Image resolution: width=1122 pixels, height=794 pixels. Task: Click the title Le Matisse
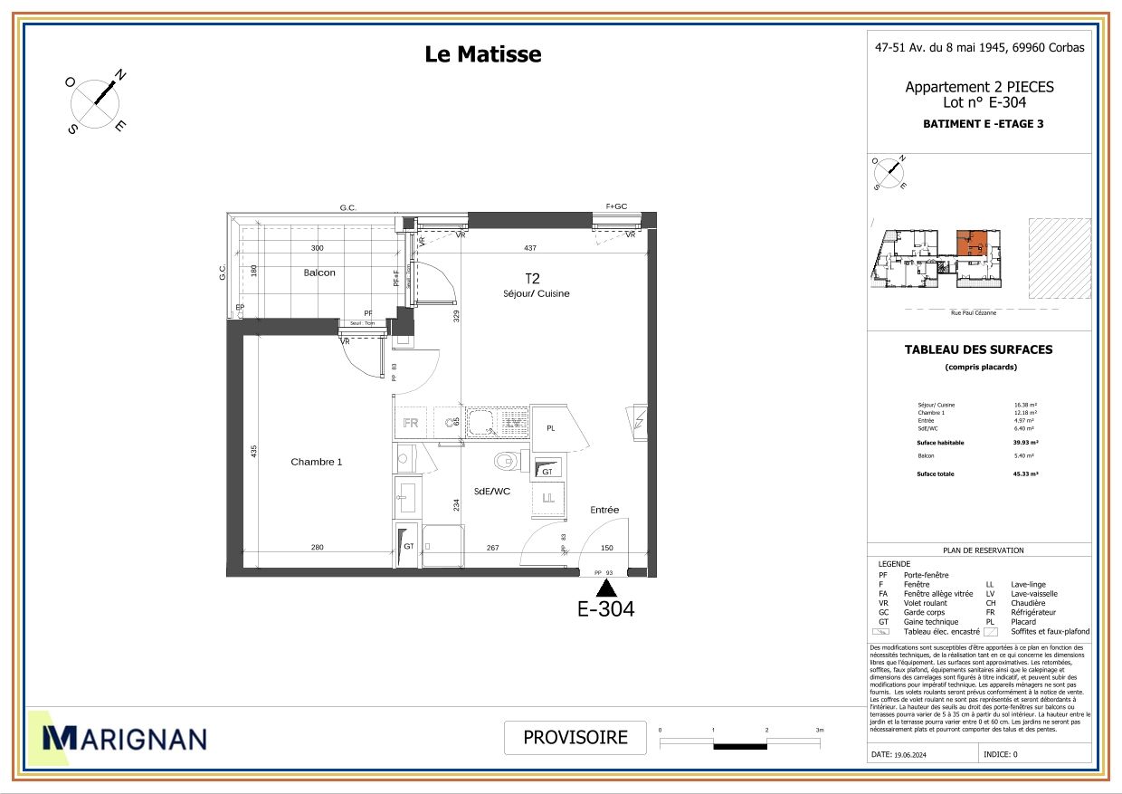point(483,54)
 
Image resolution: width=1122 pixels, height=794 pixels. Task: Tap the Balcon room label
point(319,273)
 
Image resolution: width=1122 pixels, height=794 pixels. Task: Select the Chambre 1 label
point(317,462)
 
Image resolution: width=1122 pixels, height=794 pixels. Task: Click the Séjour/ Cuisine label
point(537,293)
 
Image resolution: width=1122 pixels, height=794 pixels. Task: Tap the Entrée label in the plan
point(604,510)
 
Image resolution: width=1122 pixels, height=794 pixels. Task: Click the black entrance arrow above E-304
point(607,588)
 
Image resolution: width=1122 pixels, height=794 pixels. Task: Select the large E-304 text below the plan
point(606,609)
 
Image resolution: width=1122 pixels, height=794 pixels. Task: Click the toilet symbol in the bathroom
point(508,462)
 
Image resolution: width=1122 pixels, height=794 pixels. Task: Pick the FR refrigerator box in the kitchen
point(410,423)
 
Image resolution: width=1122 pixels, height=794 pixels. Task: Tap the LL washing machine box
point(548,497)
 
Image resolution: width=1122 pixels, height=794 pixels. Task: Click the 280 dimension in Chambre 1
point(317,547)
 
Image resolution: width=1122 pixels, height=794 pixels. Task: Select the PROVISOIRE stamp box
point(575,737)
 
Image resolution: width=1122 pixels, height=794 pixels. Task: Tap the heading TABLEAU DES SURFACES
point(979,349)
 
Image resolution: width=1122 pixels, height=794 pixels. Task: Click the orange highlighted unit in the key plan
point(973,243)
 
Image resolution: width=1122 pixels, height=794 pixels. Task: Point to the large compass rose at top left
point(96,102)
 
